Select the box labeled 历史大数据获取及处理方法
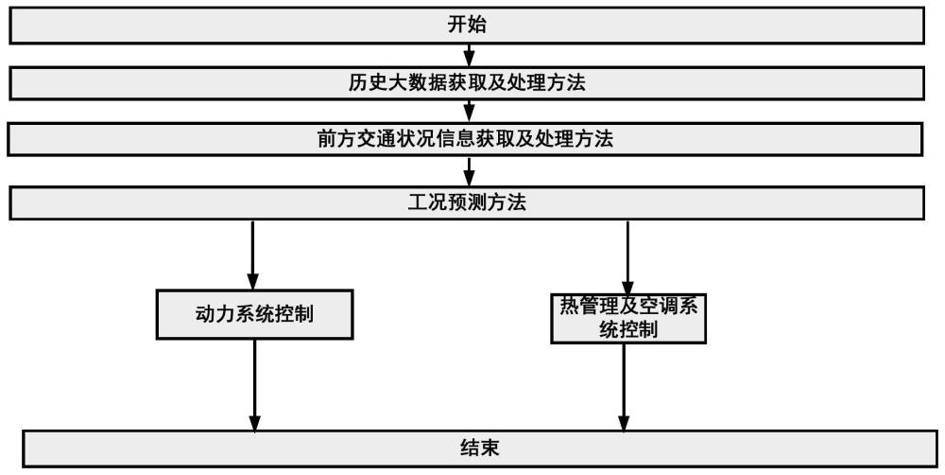coord(467,82)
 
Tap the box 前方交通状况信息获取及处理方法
coord(467,139)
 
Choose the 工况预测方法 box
coord(467,202)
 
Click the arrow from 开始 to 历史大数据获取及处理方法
coord(469,55)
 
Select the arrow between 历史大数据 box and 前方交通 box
coord(469,111)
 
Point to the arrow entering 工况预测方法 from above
coord(469,171)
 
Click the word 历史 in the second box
coord(364,82)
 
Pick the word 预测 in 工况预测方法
coord(467,202)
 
